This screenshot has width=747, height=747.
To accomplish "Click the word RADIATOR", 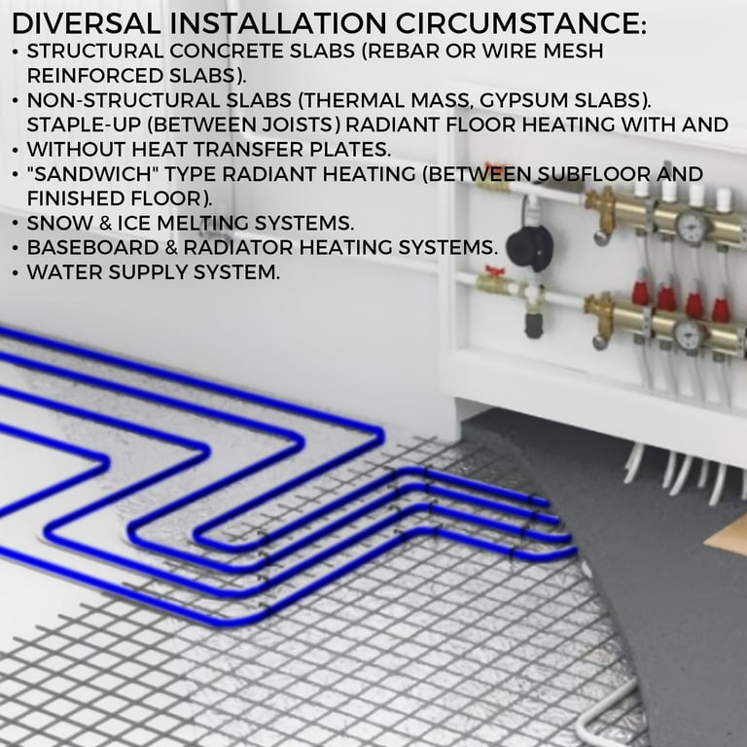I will pos(254,249).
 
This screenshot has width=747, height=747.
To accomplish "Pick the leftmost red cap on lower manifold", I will pos(641,292).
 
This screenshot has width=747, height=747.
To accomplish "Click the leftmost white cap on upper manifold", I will pos(641,187).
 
